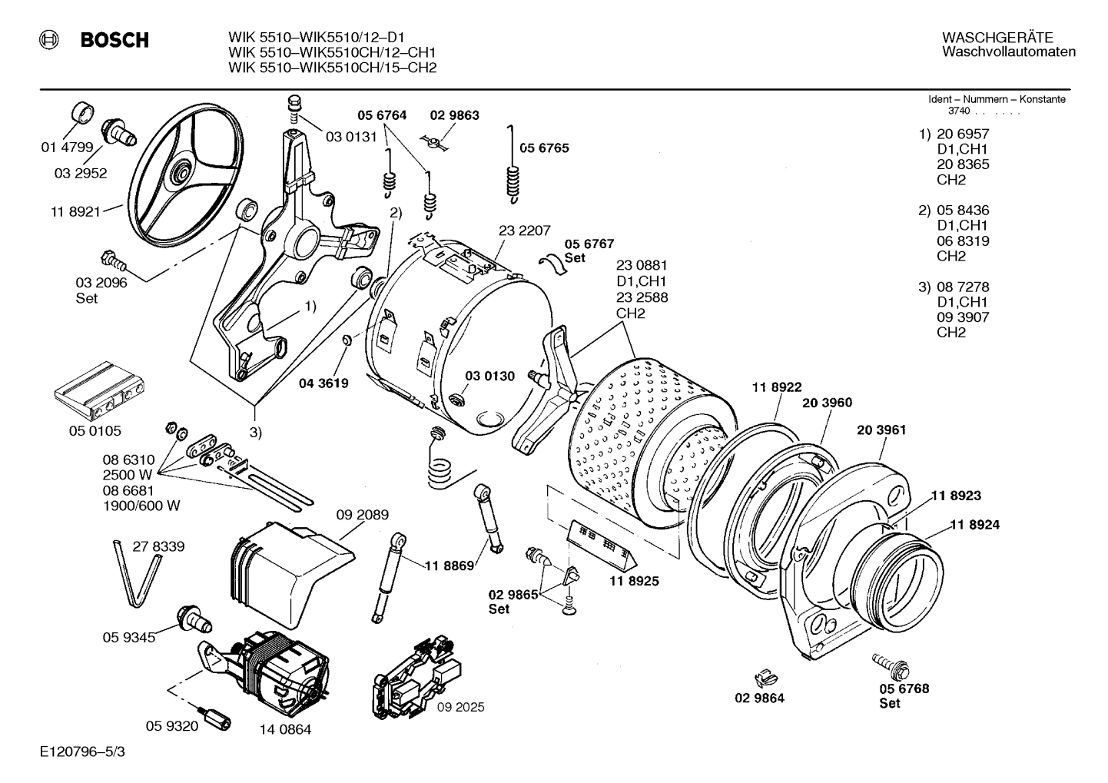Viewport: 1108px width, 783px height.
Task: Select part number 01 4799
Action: (x=67, y=148)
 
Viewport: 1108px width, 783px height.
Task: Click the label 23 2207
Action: (x=524, y=230)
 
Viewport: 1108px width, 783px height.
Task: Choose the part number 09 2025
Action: (x=460, y=707)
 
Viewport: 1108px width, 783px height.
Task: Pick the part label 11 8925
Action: (x=634, y=581)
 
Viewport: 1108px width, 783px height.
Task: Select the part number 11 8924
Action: (x=974, y=525)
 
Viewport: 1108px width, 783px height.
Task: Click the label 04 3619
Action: (x=323, y=383)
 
